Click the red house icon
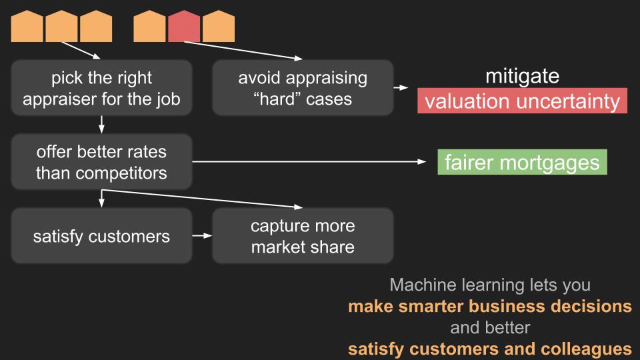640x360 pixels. click(x=184, y=26)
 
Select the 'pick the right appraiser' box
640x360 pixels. click(x=101, y=88)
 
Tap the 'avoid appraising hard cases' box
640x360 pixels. click(x=303, y=88)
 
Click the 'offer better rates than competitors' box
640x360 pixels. click(x=101, y=162)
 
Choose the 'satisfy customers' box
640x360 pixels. click(x=101, y=236)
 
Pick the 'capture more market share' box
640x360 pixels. click(x=303, y=236)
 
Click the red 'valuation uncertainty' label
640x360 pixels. click(x=523, y=102)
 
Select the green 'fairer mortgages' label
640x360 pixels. click(x=522, y=163)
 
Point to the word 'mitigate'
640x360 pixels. click(x=522, y=76)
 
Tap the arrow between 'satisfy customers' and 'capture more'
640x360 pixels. click(x=202, y=235)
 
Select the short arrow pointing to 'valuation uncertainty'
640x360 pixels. click(x=400, y=88)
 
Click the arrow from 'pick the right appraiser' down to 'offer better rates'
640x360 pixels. click(x=101, y=123)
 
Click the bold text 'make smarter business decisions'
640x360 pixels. click(x=490, y=307)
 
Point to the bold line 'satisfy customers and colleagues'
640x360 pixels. click(x=490, y=348)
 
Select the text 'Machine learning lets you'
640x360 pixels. click(x=490, y=285)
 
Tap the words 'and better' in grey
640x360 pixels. click(x=490, y=327)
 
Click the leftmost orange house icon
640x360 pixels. click(x=27, y=26)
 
